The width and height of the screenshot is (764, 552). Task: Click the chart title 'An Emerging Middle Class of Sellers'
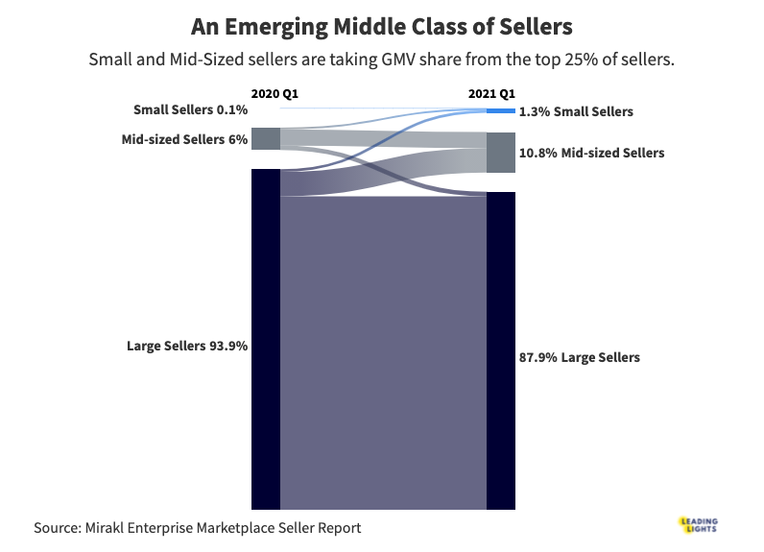tap(381, 26)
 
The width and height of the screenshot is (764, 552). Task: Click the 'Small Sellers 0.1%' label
tap(191, 110)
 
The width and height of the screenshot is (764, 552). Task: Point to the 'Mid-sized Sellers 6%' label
tap(185, 139)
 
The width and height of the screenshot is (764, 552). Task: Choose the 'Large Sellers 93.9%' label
tap(188, 346)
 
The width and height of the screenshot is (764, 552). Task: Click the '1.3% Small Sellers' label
tap(576, 111)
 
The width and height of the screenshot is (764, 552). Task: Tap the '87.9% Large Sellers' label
tap(579, 357)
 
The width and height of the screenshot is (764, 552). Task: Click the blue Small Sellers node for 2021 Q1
tap(501, 111)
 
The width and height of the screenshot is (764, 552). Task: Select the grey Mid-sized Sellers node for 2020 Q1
tap(265, 138)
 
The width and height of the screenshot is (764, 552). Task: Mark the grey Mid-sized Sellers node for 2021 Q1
tap(501, 153)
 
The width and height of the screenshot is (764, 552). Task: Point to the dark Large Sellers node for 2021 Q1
tap(501, 350)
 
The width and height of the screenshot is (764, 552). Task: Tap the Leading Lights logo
tap(697, 524)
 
